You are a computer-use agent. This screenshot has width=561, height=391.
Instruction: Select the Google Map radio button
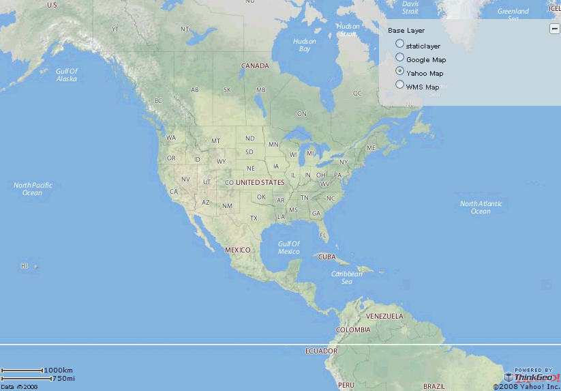point(400,58)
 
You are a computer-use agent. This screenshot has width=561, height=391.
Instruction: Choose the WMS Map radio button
point(400,85)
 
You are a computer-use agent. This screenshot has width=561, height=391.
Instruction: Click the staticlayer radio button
point(400,44)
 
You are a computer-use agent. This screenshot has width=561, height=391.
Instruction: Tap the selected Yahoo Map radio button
point(400,72)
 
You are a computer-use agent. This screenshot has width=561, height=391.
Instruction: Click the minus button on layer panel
point(555,29)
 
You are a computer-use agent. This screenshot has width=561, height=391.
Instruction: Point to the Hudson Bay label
point(304,45)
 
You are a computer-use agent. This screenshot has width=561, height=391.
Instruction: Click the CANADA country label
point(255,66)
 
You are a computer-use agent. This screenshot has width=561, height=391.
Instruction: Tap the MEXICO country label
point(238,250)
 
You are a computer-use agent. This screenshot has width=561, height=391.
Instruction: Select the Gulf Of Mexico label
point(288,248)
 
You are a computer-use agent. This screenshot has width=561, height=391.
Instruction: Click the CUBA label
point(328,257)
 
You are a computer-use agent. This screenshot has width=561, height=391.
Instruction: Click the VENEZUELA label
point(385,317)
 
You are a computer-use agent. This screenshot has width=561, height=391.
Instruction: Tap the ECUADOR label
point(321,351)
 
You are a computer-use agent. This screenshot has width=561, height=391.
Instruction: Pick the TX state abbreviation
point(254,218)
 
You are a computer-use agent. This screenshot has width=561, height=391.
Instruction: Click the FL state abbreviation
point(323,235)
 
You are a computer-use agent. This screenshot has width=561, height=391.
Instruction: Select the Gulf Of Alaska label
point(67,75)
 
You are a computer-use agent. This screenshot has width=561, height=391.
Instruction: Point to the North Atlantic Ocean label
point(481,207)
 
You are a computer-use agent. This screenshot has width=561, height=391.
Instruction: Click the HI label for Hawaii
point(25,266)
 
